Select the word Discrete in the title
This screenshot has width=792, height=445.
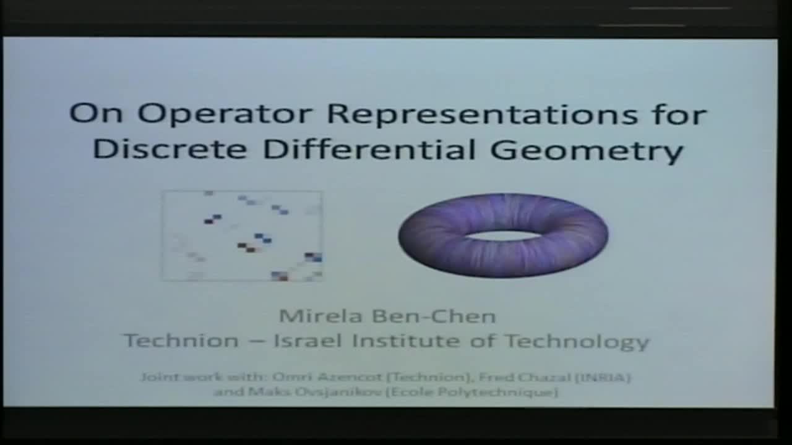click(171, 150)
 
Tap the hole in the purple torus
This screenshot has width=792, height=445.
click(502, 235)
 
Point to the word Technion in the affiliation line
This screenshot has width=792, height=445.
click(181, 341)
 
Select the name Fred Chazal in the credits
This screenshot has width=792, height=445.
click(529, 377)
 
